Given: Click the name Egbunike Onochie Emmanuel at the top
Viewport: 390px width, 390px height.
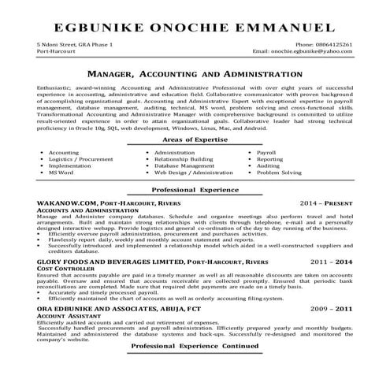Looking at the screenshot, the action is coord(195,28).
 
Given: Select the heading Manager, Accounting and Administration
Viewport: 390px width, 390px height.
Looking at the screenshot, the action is coord(195,72).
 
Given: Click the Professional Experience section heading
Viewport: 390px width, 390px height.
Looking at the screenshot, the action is coord(195,191).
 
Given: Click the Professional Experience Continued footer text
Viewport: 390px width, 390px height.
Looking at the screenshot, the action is coord(195,368).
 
